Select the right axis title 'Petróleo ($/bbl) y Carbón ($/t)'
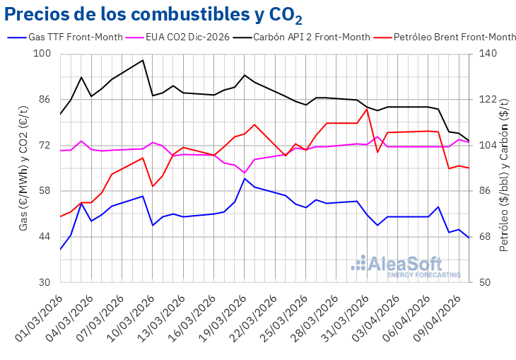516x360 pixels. pyautogui.click(x=503, y=168)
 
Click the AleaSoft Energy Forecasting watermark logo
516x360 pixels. pyautogui.click(x=406, y=266)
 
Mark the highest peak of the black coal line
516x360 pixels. pyautogui.click(x=143, y=60)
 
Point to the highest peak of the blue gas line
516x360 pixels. pyautogui.click(x=245, y=178)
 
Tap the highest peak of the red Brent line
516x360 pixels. pyautogui.click(x=367, y=109)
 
